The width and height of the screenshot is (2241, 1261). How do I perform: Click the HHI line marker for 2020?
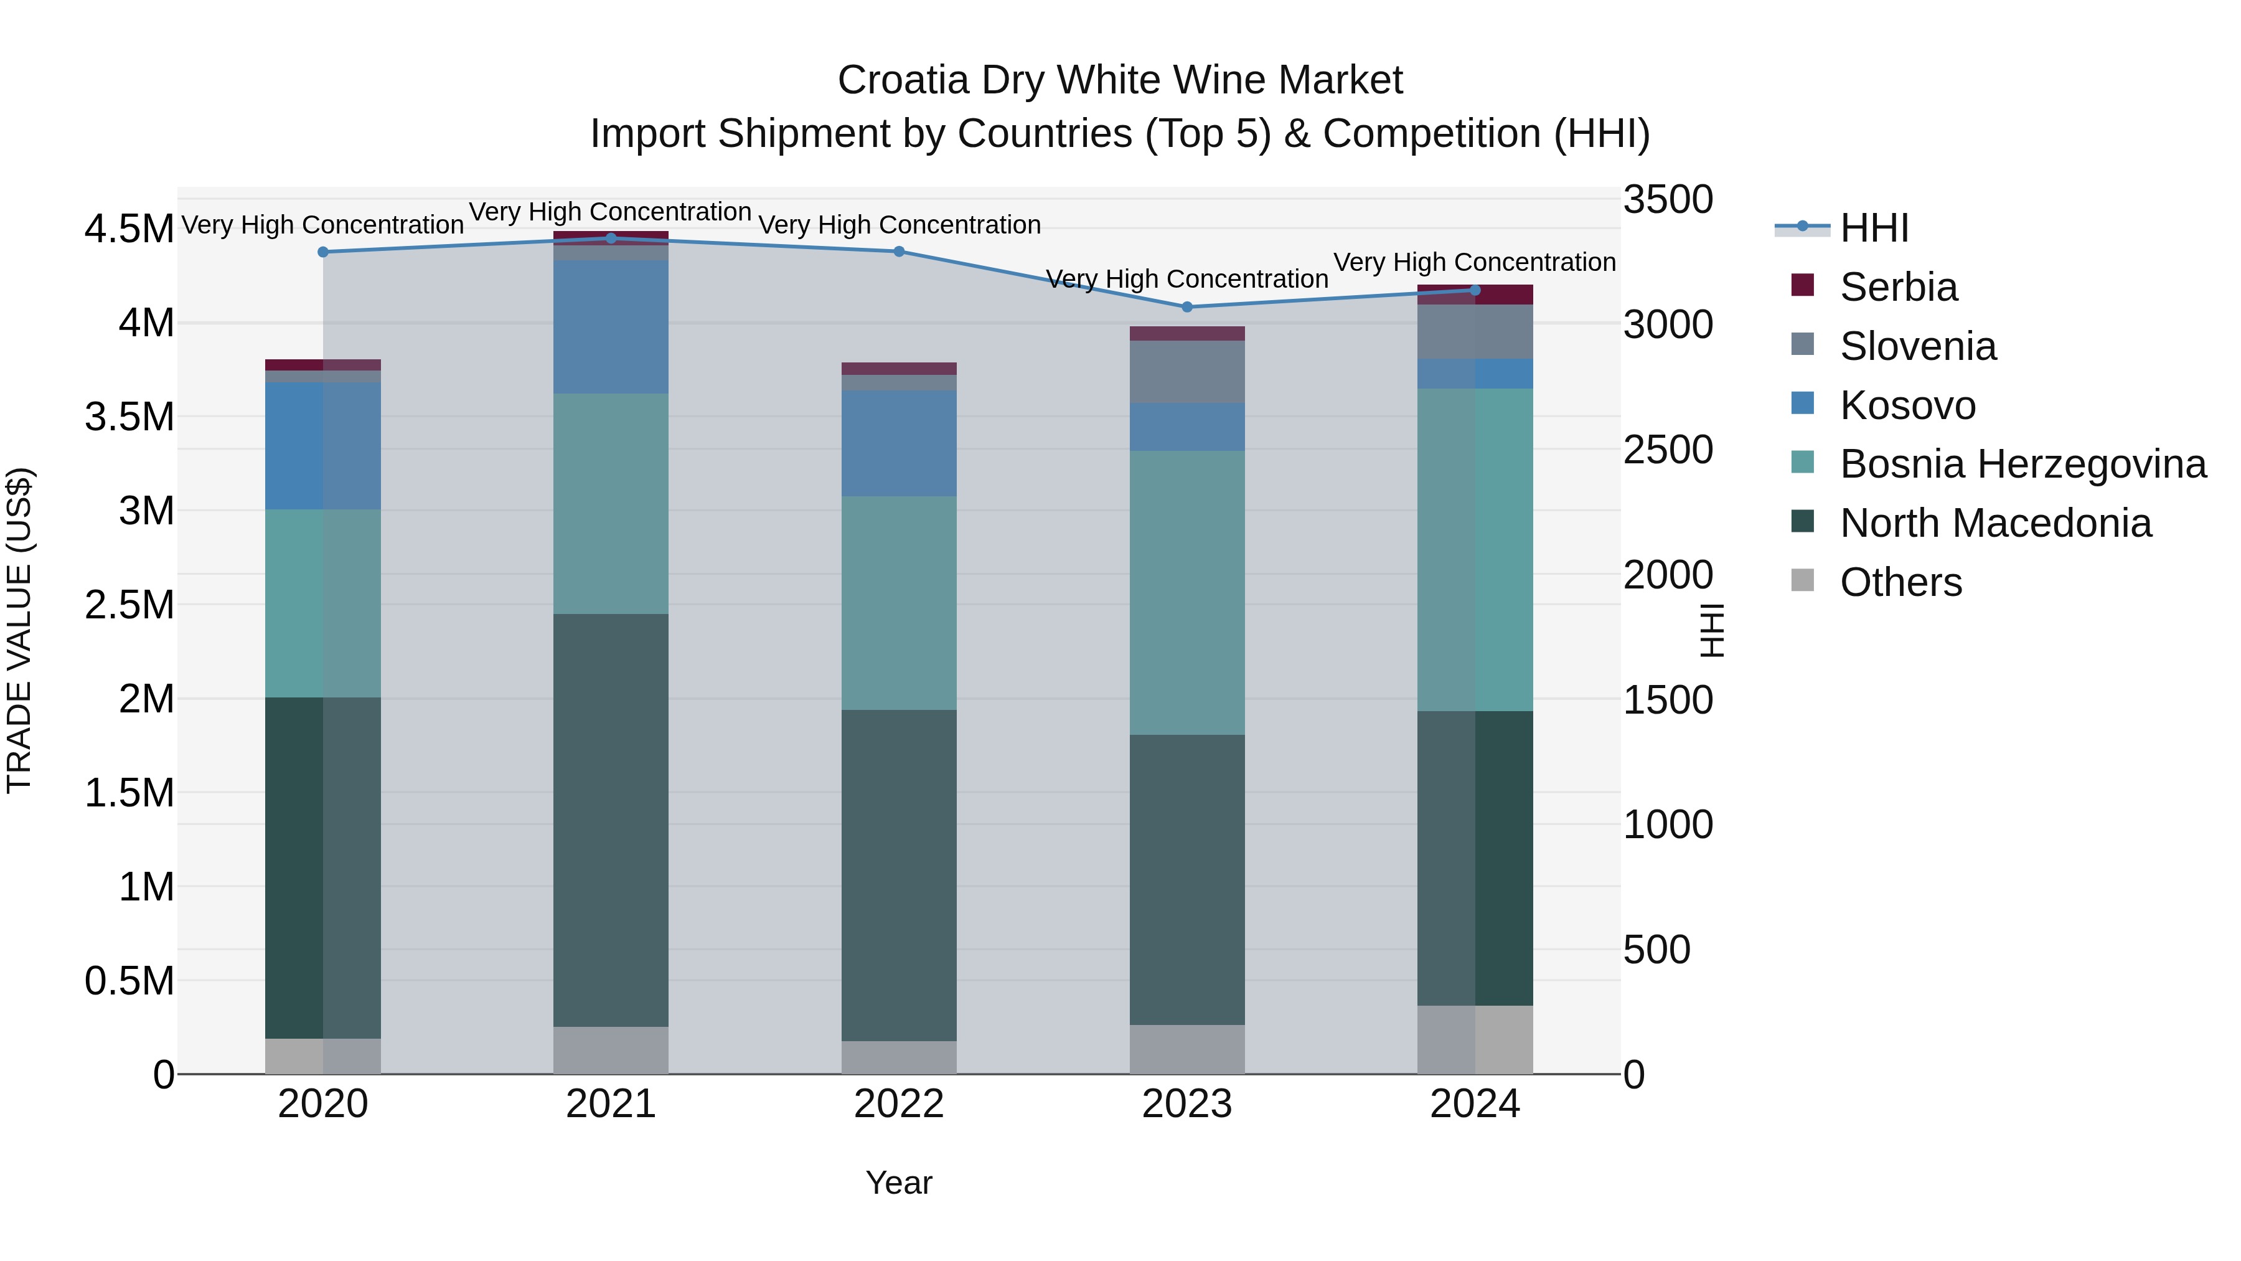coord(322,252)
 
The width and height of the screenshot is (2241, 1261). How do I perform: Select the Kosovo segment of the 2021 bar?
coord(611,326)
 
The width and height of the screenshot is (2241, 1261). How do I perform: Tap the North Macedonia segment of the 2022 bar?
coord(899,875)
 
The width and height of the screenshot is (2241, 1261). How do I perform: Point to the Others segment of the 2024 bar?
coord(1475,1039)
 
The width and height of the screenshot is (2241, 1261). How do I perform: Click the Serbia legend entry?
coord(1898,287)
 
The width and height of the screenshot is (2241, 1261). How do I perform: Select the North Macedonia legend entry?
coord(1995,523)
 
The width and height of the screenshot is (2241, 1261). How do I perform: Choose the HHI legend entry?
coord(1874,228)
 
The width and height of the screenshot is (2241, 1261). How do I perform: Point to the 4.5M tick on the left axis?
coord(129,230)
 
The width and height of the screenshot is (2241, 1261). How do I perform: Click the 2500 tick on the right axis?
coord(1668,450)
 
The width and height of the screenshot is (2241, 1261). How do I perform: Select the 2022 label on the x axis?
coord(899,1104)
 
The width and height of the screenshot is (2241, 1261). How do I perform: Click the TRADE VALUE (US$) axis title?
coord(19,630)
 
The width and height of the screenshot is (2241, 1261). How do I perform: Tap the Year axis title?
coord(899,1183)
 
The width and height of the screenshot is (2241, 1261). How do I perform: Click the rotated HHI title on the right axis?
coord(1711,630)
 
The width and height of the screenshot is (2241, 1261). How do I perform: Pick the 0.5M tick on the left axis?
coord(129,981)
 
